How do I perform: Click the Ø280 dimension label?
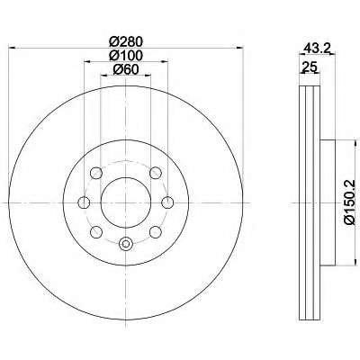point(125,41)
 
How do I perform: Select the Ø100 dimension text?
point(125,56)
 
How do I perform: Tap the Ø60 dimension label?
point(126,69)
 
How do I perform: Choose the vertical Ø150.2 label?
point(350,202)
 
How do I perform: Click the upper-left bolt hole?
point(96,173)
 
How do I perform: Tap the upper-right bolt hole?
point(156,173)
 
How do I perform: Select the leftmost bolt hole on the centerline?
point(84,202)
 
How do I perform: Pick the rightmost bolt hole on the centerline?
point(167,202)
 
